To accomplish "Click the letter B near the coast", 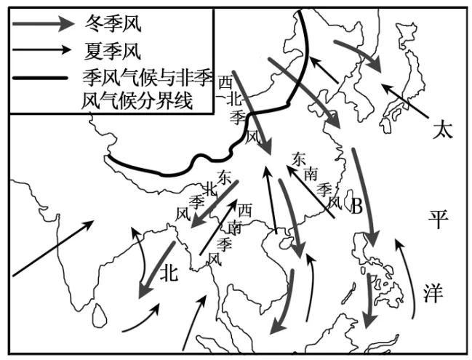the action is tap(357, 208).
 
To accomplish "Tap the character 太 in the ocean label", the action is tap(441, 131).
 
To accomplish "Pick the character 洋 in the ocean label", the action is tap(434, 292).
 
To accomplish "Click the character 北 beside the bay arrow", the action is tap(169, 272).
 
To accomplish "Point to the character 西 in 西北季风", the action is tap(225, 84).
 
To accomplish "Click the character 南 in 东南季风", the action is tap(311, 173).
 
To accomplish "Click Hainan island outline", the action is tap(286, 238).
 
